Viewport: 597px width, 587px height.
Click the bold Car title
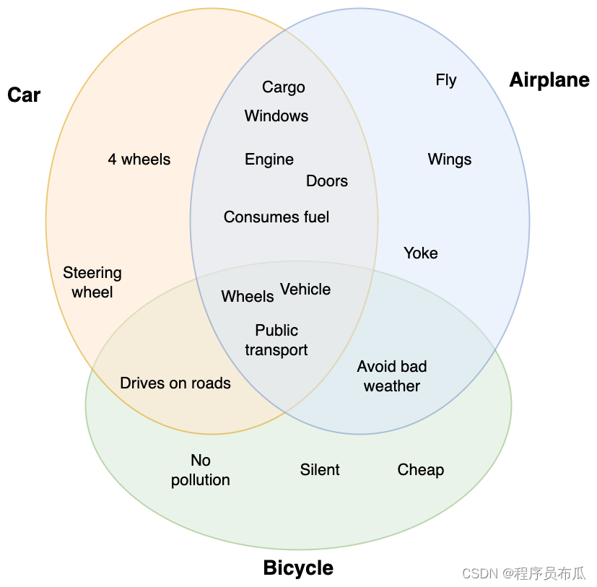(24, 95)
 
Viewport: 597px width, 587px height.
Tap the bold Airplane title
(549, 80)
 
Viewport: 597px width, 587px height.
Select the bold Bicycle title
(298, 568)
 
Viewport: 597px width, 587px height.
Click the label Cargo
(283, 87)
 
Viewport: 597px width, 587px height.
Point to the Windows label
(276, 116)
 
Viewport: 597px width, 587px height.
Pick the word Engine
(269, 160)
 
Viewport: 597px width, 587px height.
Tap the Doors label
(327, 181)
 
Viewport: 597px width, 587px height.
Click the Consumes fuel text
(276, 217)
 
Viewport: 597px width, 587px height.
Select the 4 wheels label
(139, 160)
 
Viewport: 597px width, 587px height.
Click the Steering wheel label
(92, 282)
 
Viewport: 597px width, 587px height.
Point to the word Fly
(446, 80)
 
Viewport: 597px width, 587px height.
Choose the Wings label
(450, 160)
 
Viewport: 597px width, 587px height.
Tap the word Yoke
(421, 253)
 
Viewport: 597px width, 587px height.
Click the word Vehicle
(305, 290)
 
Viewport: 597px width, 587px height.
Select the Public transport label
(276, 340)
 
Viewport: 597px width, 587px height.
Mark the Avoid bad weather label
(392, 376)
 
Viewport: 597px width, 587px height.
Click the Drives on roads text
(175, 383)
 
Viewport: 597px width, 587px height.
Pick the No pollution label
(201, 470)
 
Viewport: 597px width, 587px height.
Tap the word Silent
(320, 470)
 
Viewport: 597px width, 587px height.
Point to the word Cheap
(421, 470)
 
